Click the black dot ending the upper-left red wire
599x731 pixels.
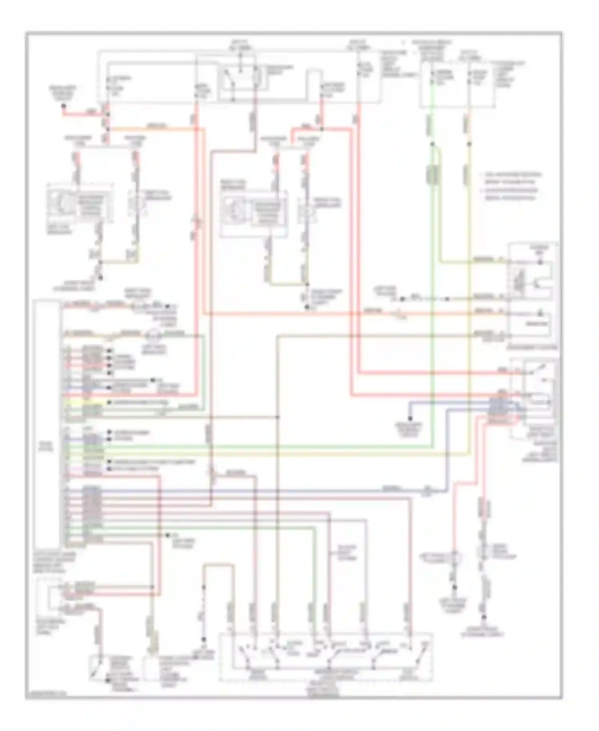point(63,106)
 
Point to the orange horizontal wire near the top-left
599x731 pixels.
point(156,129)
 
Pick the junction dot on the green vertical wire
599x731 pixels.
point(432,143)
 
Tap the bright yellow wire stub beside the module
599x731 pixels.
point(74,402)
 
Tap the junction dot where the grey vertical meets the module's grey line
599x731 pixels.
point(278,417)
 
